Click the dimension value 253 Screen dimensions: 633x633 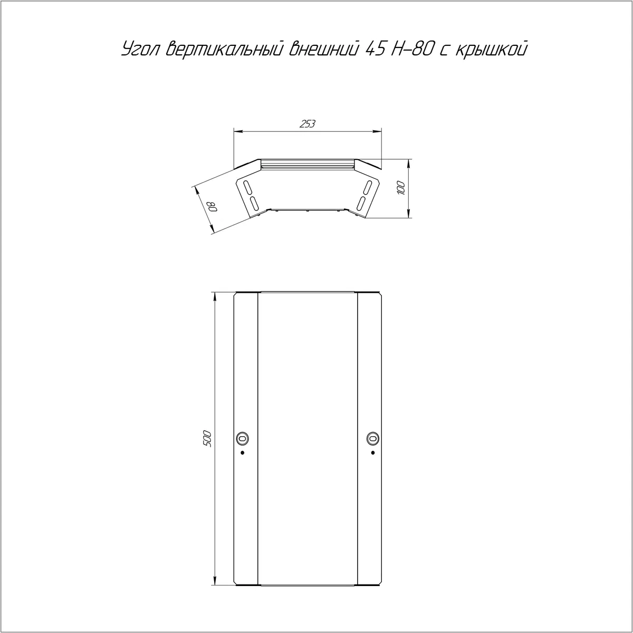[308, 124]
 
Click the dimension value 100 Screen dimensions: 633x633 [401, 188]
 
